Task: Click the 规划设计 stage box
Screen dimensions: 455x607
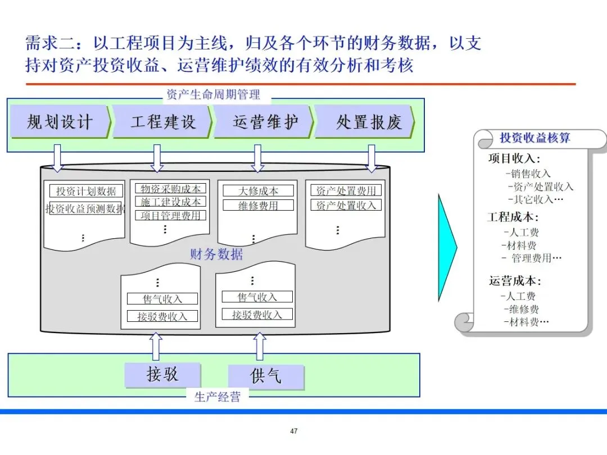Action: [x=60, y=121]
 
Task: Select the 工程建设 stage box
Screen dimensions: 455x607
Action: [x=162, y=121]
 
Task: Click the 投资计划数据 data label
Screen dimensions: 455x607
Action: [x=86, y=192]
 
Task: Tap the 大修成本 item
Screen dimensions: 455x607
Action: [x=258, y=191]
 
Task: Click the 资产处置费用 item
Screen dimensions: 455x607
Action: [x=346, y=190]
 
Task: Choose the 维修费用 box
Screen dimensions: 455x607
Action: [x=258, y=206]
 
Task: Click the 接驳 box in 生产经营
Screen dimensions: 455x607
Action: [x=162, y=375]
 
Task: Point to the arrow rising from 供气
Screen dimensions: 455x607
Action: [x=260, y=346]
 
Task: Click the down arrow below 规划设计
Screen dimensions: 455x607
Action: [x=57, y=158]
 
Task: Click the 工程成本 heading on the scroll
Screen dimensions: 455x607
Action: [x=513, y=217]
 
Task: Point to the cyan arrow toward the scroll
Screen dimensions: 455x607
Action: [x=447, y=247]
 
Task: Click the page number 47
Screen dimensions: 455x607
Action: [x=294, y=431]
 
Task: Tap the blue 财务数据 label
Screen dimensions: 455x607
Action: [x=216, y=254]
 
